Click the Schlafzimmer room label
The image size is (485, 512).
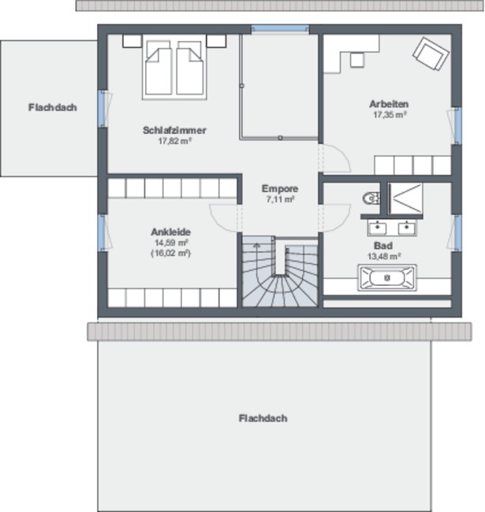174,130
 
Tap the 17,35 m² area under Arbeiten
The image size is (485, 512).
390,115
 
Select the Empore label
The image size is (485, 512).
280,189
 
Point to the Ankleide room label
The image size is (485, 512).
170,232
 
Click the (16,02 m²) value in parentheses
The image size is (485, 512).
170,254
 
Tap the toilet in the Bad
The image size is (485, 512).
371,198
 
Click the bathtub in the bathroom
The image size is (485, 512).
387,277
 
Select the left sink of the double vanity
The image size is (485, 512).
377,228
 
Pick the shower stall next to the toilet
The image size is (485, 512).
405,198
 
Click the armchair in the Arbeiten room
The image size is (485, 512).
431,54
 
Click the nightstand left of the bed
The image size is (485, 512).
132,41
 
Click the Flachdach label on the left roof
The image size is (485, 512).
53,107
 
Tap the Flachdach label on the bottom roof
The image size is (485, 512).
263,418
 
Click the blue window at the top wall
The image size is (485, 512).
280,28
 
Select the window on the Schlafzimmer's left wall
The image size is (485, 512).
103,108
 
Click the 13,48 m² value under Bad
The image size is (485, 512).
384,257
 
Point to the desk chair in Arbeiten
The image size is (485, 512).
357,60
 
